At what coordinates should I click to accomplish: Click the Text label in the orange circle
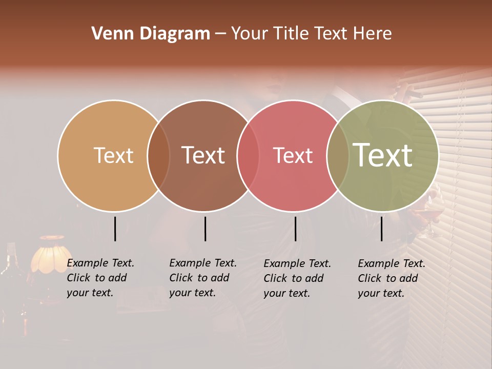coord(113,155)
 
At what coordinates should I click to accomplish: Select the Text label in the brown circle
coord(203,155)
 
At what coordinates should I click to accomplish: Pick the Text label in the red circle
coord(293,155)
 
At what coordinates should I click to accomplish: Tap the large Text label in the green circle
coord(383,155)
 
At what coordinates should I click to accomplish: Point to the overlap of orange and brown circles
coord(158,155)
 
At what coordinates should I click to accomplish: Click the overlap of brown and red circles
coord(248,155)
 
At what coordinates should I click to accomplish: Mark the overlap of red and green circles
coord(338,155)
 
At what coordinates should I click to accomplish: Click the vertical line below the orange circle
coord(115,229)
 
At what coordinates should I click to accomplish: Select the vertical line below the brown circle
coord(205,229)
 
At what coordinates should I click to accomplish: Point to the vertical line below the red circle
coord(295,229)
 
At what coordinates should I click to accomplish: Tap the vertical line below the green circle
coord(381,229)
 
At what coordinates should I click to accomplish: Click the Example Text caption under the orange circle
coord(100,278)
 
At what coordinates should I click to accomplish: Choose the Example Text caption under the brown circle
coord(202,278)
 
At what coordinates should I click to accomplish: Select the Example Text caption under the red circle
coord(297,278)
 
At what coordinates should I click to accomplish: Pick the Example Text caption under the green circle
coord(391,278)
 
